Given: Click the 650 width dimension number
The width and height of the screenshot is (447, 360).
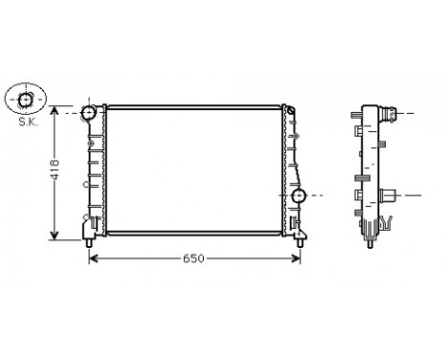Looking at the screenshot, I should pyautogui.click(x=194, y=259).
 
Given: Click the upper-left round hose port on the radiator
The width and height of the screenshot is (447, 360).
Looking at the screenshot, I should pyautogui.click(x=89, y=113).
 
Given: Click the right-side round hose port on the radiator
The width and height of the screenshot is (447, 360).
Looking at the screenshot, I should pyautogui.click(x=299, y=196).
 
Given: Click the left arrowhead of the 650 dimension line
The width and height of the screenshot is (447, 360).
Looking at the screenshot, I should pyautogui.click(x=93, y=259).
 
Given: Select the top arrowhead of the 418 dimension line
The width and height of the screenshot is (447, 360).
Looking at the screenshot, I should pyautogui.click(x=56, y=110).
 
